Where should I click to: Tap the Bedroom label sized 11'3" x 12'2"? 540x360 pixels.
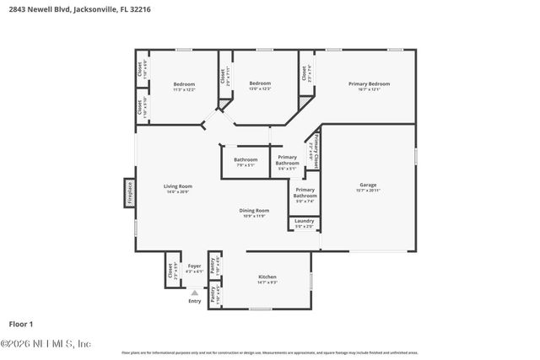[184, 84]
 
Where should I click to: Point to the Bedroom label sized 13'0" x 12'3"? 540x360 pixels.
[260, 84]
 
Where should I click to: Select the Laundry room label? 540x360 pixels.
[304, 223]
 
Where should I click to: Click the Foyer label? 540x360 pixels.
[194, 267]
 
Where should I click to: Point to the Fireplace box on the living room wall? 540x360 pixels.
[130, 192]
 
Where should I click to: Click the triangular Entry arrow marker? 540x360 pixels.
[195, 292]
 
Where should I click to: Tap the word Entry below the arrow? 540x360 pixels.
[195, 301]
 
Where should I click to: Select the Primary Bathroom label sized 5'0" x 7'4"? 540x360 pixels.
[305, 196]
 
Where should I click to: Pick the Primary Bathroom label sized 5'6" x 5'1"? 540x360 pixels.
[287, 162]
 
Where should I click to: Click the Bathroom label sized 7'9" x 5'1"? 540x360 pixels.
[246, 161]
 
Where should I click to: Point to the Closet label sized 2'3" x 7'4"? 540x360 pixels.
[305, 73]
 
